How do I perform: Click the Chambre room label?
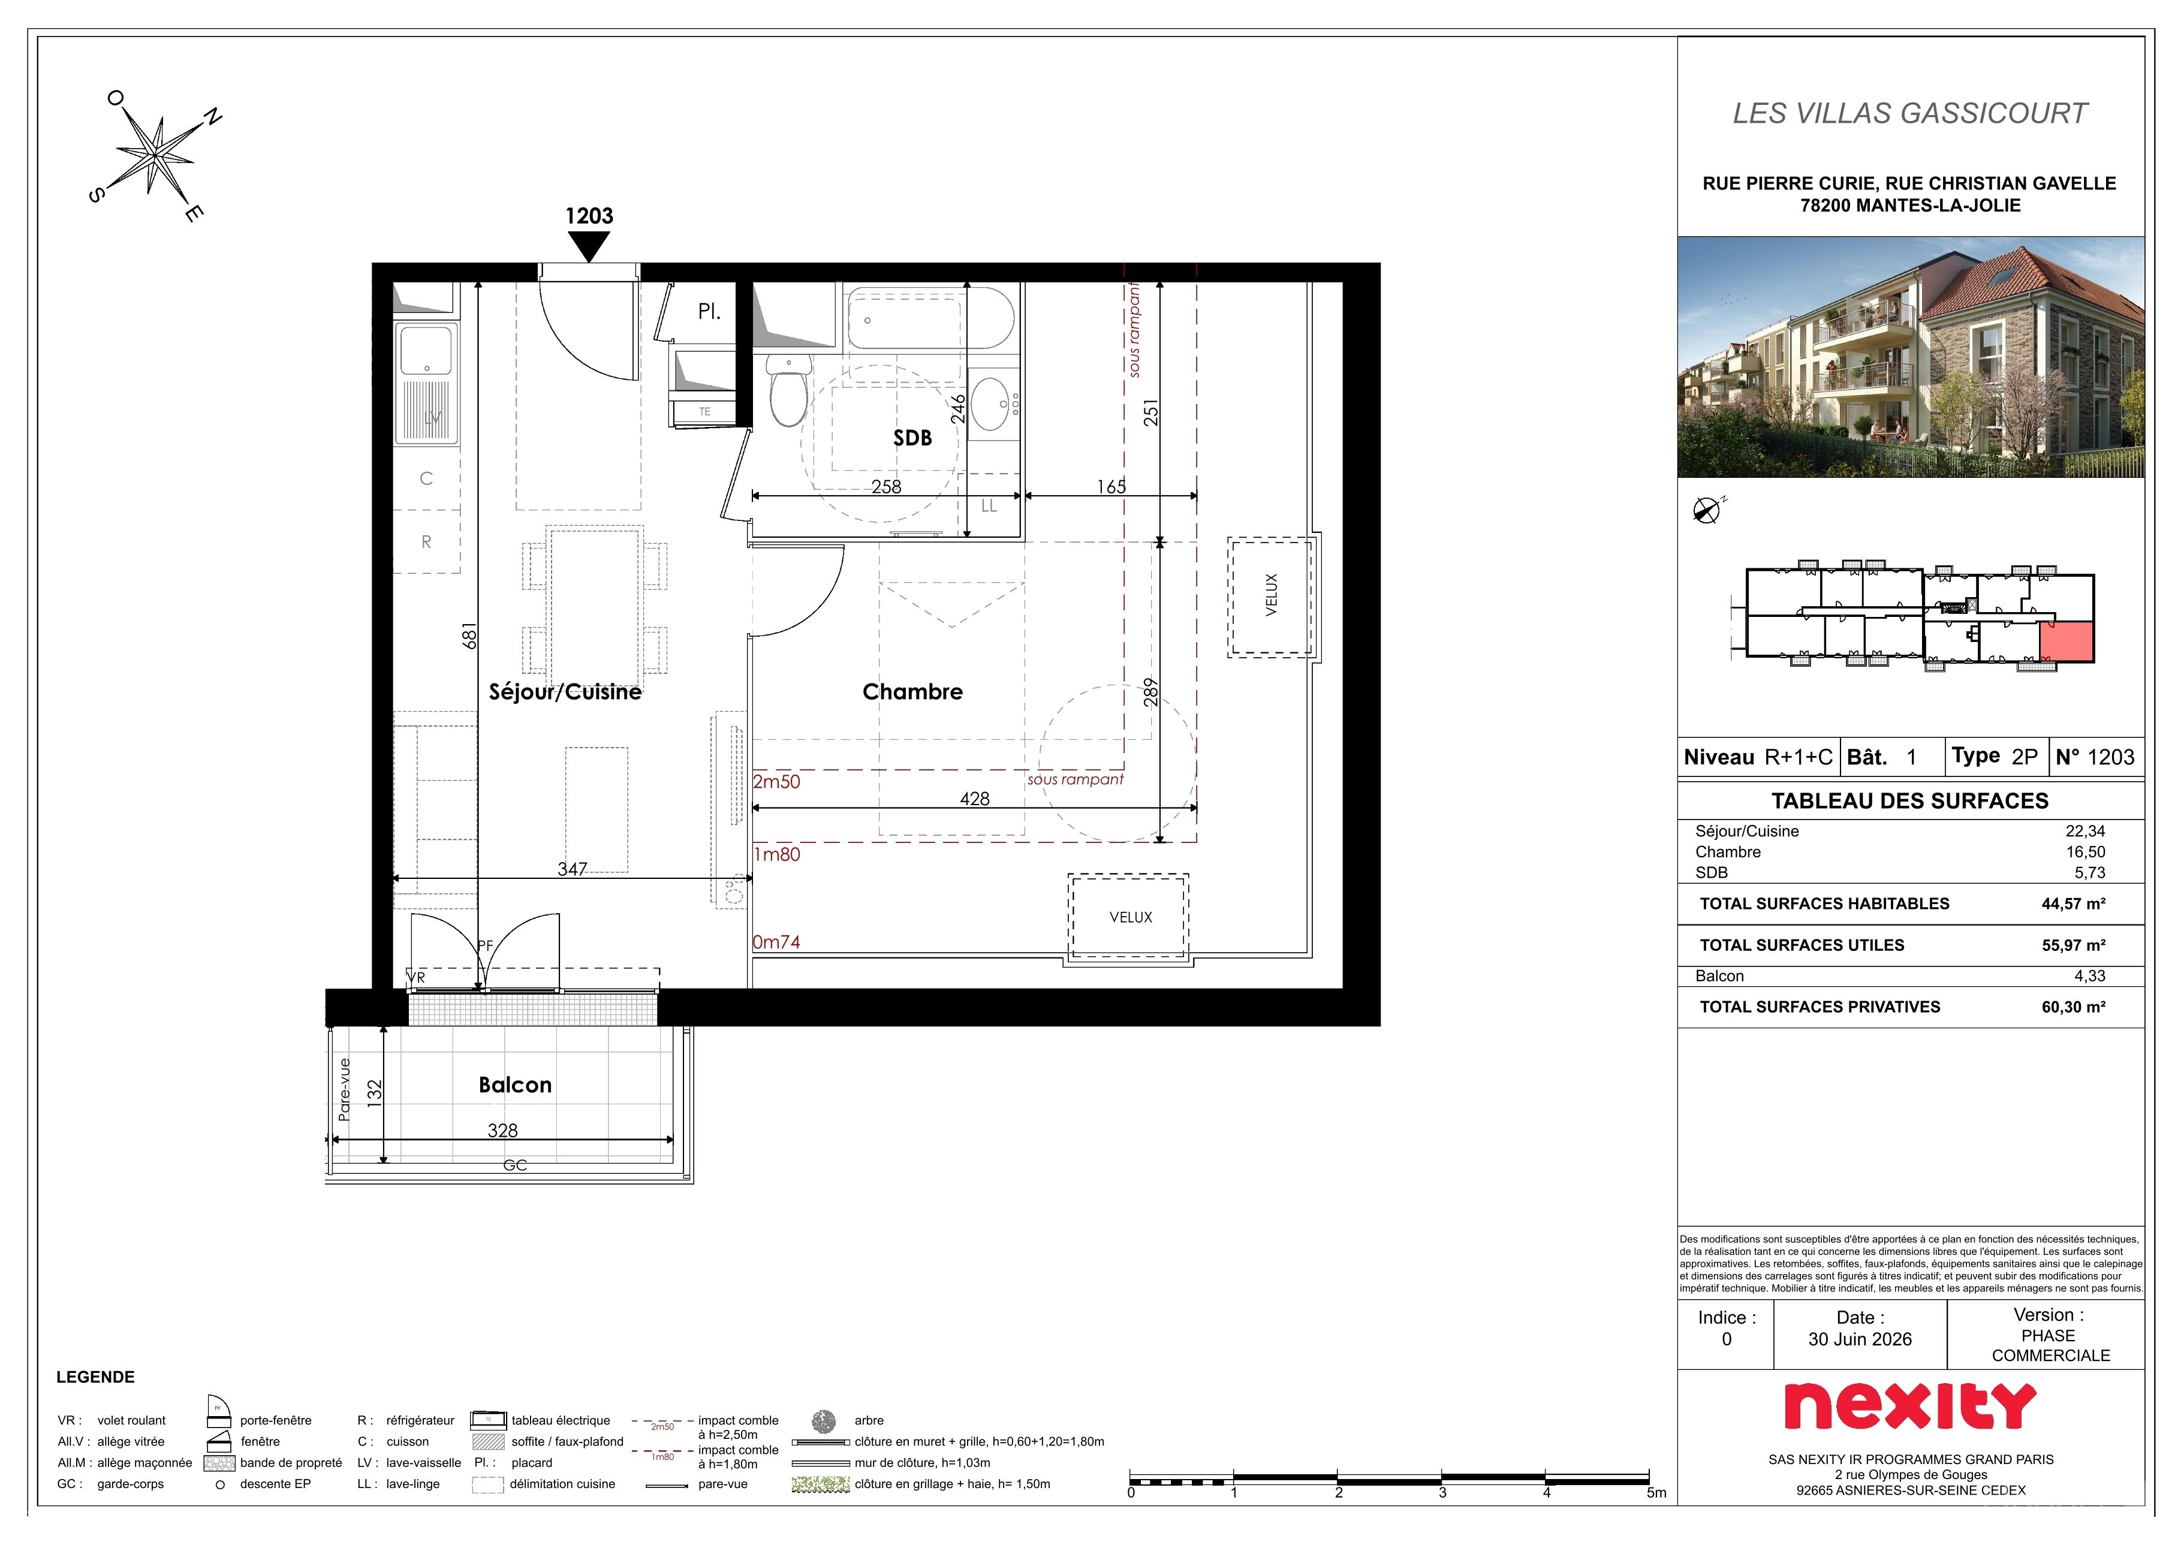pyautogui.click(x=912, y=692)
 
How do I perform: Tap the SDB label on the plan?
pyautogui.click(x=912, y=438)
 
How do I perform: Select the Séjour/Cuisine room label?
pyautogui.click(x=565, y=692)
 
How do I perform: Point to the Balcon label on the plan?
pyautogui.click(x=515, y=1085)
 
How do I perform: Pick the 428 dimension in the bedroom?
pyautogui.click(x=975, y=799)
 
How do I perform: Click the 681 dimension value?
pyautogui.click(x=468, y=637)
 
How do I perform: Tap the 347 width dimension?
pyautogui.click(x=573, y=869)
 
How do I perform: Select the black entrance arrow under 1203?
pyautogui.click(x=589, y=246)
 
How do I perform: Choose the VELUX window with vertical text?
pyautogui.click(x=1271, y=596)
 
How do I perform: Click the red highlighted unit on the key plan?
pyautogui.click(x=2066, y=642)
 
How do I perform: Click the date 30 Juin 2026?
pyautogui.click(x=1860, y=1339)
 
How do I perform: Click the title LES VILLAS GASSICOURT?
pyautogui.click(x=1910, y=113)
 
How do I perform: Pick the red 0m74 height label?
pyautogui.click(x=776, y=942)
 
